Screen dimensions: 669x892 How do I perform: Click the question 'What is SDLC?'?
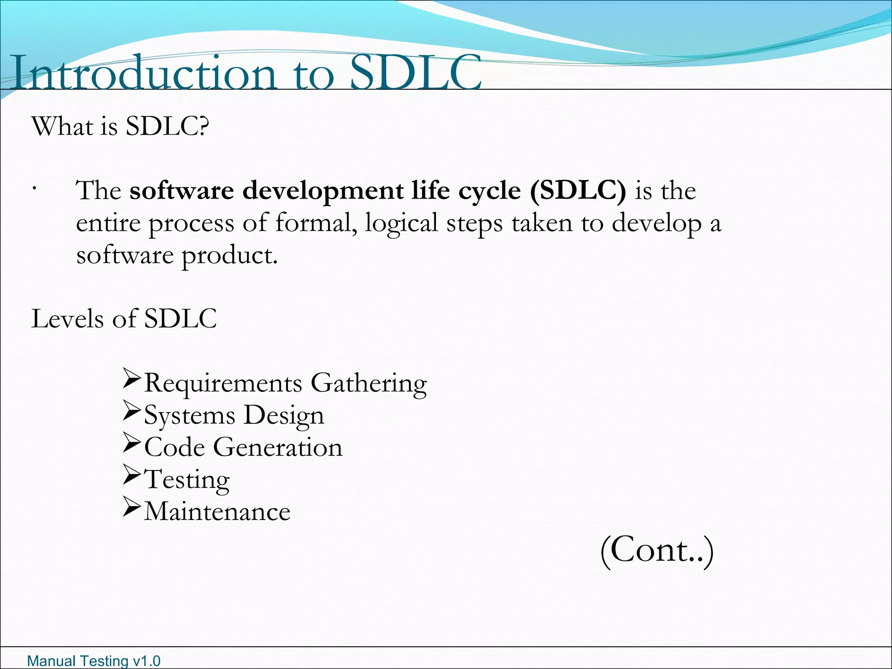[x=120, y=127]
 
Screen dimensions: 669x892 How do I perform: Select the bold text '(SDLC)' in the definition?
[x=578, y=191]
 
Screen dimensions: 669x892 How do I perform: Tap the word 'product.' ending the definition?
[x=230, y=256]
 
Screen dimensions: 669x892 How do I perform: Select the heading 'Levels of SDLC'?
[x=124, y=319]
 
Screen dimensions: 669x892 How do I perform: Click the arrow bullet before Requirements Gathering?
[x=132, y=378]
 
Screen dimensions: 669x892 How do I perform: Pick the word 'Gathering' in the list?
[x=368, y=383]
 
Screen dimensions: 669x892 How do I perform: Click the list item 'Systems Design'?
[x=234, y=416]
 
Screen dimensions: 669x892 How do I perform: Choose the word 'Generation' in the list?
[x=277, y=447]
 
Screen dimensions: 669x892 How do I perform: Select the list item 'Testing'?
[x=186, y=480]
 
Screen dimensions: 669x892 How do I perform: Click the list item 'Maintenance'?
[x=217, y=511]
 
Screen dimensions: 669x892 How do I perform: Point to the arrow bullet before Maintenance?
[x=132, y=506]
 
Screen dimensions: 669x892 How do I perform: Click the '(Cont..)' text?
[x=657, y=551]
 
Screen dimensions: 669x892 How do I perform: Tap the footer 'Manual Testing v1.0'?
[x=94, y=661]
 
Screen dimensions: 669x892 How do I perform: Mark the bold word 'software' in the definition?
[x=182, y=191]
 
